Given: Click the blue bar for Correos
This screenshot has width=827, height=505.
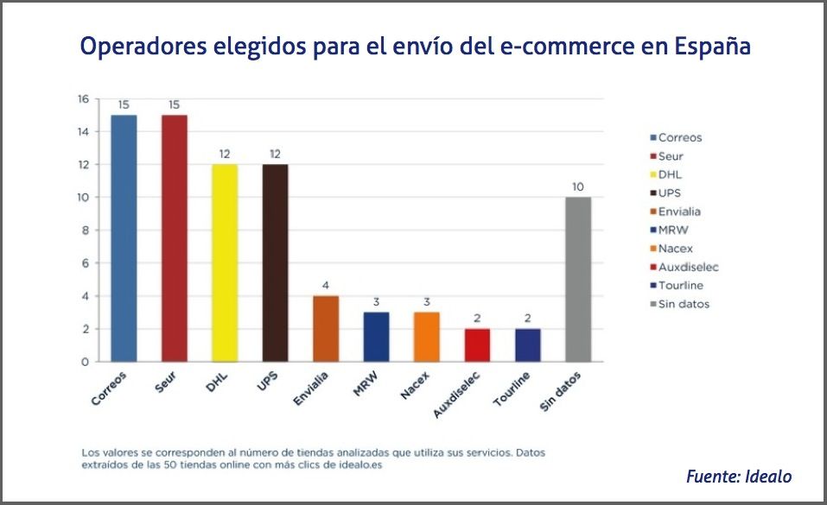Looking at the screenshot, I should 124,238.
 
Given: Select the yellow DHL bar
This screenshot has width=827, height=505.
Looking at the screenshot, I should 225,262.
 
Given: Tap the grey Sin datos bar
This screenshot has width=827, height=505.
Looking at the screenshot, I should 578,279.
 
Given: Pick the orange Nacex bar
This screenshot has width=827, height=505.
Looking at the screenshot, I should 427,337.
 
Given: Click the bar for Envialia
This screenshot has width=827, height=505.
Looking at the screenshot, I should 326,329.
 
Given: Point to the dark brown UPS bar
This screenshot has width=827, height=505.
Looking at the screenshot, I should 275,262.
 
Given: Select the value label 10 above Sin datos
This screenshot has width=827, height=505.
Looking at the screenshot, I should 578,186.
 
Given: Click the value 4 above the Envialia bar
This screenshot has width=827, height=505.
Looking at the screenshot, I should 326,286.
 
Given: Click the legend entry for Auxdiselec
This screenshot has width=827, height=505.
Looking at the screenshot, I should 688,267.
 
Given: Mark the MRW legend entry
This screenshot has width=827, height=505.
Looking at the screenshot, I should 673,230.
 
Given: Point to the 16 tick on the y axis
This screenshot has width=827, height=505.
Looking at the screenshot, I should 83,99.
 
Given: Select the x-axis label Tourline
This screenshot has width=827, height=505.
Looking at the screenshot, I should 512,389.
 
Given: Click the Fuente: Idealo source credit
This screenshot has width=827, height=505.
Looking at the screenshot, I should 738,476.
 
